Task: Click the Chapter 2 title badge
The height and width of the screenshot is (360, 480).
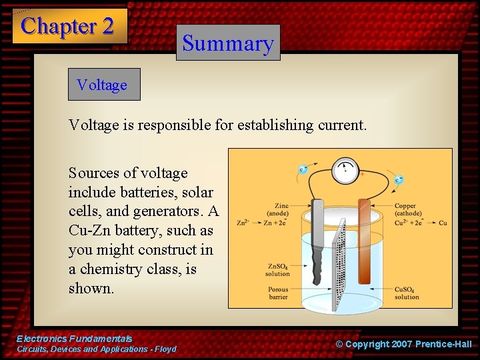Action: click(x=69, y=26)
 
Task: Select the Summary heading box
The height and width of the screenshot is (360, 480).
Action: click(x=228, y=43)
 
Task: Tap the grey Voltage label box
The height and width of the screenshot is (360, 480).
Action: click(x=104, y=85)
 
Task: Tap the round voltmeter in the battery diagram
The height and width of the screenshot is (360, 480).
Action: click(x=345, y=171)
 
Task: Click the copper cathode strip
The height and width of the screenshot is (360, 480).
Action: click(x=364, y=240)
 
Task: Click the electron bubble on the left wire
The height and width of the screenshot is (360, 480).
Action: click(x=303, y=169)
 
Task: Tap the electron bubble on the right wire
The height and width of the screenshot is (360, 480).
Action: click(x=398, y=179)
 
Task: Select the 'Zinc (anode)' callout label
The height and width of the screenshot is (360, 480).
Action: click(x=277, y=209)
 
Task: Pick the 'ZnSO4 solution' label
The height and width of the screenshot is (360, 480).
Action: click(x=277, y=270)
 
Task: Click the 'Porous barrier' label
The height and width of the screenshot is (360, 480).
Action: click(x=278, y=293)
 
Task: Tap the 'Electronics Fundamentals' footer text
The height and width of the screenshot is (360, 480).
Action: click(x=74, y=339)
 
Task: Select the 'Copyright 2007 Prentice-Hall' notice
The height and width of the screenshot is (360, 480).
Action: click(x=403, y=344)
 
